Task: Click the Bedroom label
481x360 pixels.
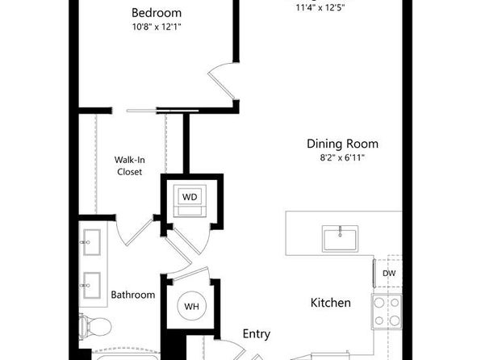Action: pos(157,13)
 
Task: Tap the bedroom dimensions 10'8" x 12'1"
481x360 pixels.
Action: pos(157,27)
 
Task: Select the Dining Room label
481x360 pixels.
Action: pos(342,144)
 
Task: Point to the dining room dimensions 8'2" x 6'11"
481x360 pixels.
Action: pos(342,157)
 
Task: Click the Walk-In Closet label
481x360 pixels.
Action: pos(129,165)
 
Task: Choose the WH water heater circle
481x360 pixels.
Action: pos(192,306)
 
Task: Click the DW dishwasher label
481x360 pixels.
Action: pos(389,273)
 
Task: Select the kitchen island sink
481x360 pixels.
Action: pos(340,239)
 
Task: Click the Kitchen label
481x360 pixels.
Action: pos(330,303)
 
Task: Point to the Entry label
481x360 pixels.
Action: pos(257,334)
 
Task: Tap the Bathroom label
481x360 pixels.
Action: pos(133,295)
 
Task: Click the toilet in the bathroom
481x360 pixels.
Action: pos(95,327)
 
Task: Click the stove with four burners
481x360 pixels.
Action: pos(387,312)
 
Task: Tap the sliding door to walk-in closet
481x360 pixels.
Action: pos(162,111)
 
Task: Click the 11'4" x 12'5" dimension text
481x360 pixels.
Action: pos(320,8)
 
